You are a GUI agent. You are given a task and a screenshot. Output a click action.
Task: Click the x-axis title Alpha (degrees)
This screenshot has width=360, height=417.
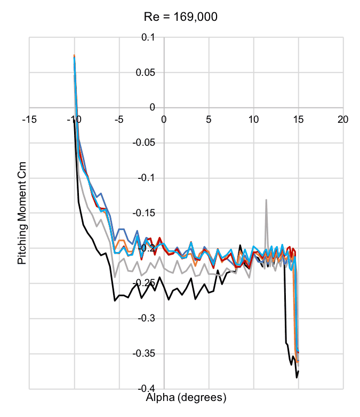pyautogui.click(x=186, y=397)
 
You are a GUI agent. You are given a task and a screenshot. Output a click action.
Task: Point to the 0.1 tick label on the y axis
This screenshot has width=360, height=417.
pyautogui.click(x=148, y=37)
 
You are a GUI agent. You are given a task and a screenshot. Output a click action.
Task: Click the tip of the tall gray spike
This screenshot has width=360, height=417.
pyautogui.click(x=266, y=200)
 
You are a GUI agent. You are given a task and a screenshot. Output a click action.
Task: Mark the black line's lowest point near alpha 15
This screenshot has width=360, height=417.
pyautogui.click(x=297, y=377)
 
